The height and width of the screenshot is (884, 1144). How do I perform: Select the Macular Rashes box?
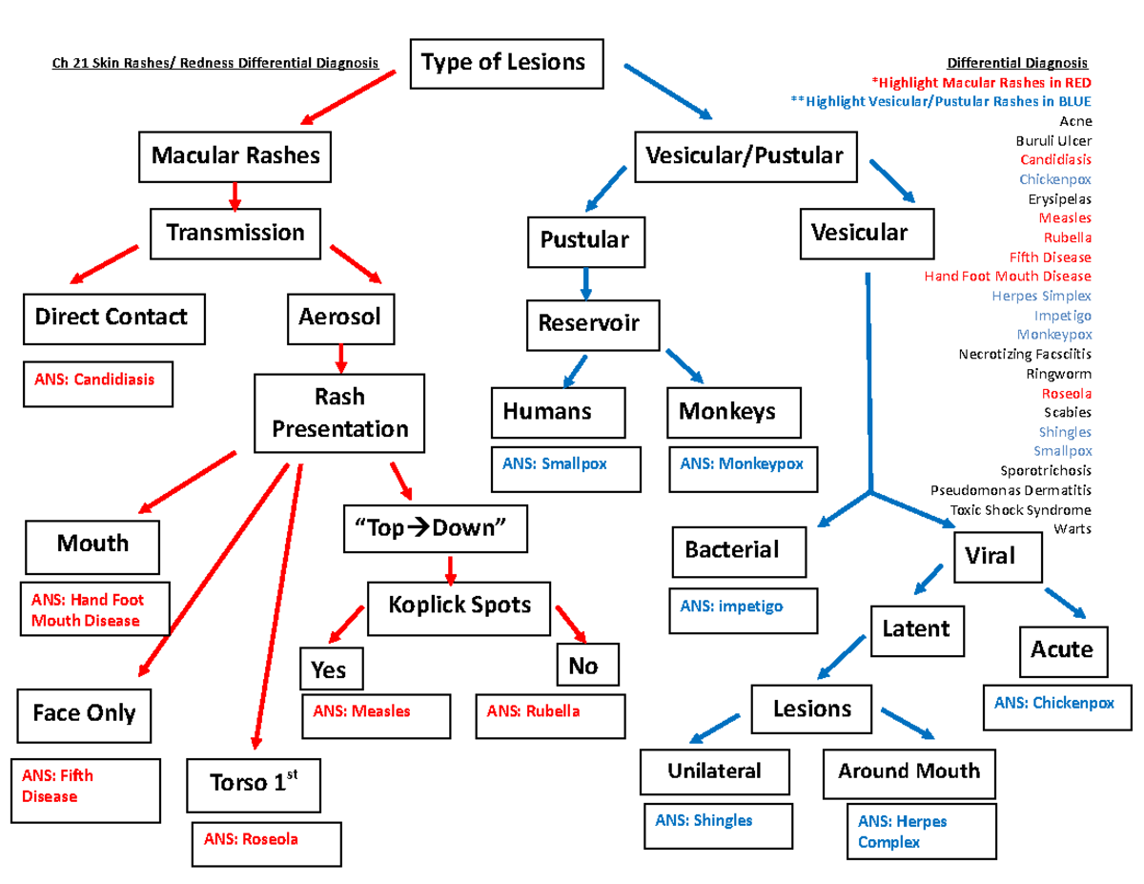[235, 156]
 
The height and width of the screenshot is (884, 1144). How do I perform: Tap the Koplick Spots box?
[460, 606]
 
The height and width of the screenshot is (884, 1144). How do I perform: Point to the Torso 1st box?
[252, 785]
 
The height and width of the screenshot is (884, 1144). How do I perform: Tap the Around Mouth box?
[908, 771]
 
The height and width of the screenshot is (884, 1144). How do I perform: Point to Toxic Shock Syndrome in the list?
[1021, 509]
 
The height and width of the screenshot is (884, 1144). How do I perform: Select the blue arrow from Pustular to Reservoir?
[586, 281]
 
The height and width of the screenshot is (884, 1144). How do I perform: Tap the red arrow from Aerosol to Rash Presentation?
[340, 359]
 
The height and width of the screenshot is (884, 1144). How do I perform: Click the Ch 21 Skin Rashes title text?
[214, 64]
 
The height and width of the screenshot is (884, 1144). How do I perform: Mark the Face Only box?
[85, 713]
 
